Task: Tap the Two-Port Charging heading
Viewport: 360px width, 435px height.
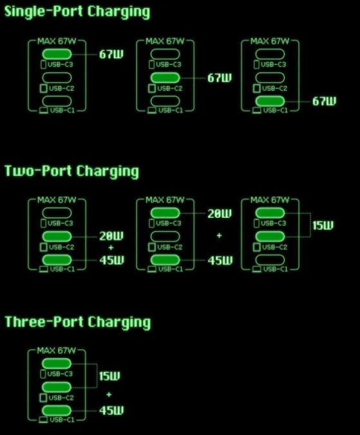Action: click(x=71, y=171)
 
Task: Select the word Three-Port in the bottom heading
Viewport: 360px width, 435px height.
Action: click(x=44, y=322)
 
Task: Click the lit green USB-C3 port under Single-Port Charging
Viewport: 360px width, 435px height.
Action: click(x=57, y=54)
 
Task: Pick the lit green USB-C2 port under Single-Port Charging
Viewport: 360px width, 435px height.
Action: click(x=165, y=78)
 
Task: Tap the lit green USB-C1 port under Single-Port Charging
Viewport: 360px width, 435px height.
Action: click(x=270, y=101)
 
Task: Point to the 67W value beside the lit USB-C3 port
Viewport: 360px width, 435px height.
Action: click(x=111, y=54)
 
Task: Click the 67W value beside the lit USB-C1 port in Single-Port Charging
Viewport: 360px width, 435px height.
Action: click(x=324, y=101)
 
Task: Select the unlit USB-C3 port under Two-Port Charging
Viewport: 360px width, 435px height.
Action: click(x=57, y=213)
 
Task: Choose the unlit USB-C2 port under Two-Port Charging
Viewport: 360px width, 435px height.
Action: click(x=165, y=237)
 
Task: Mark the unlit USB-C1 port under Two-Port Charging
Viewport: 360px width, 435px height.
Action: click(x=270, y=260)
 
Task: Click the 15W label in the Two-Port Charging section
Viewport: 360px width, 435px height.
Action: click(x=323, y=226)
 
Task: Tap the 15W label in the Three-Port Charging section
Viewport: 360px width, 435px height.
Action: click(x=109, y=376)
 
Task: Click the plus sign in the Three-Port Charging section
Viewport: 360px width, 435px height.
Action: click(x=109, y=394)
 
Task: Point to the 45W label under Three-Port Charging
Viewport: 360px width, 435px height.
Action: click(x=111, y=411)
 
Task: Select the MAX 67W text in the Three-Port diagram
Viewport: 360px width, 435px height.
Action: click(x=57, y=351)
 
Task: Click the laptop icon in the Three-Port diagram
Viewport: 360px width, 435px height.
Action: click(x=43, y=420)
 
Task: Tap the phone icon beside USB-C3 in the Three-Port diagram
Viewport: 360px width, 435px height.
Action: click(x=43, y=374)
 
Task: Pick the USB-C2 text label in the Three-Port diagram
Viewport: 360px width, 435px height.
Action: click(x=61, y=398)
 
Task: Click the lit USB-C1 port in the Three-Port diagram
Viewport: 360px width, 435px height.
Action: click(x=57, y=411)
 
